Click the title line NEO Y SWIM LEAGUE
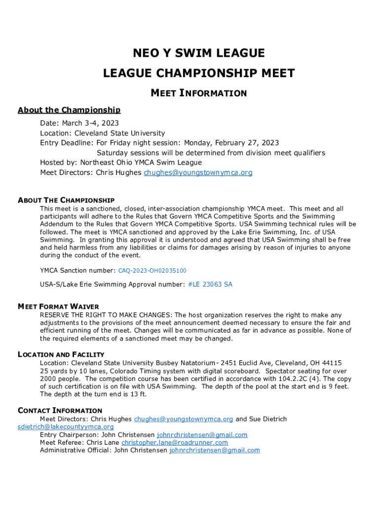[x=198, y=53]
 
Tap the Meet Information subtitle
[x=198, y=93]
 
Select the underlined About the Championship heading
[x=69, y=110]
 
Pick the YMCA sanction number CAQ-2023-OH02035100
[x=152, y=271]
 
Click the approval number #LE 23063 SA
[x=210, y=284]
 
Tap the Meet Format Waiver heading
[x=58, y=306]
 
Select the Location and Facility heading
[x=61, y=354]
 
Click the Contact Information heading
[x=60, y=411]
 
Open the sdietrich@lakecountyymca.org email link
[x=66, y=427]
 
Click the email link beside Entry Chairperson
[x=202, y=435]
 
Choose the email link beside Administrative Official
[x=214, y=450]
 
